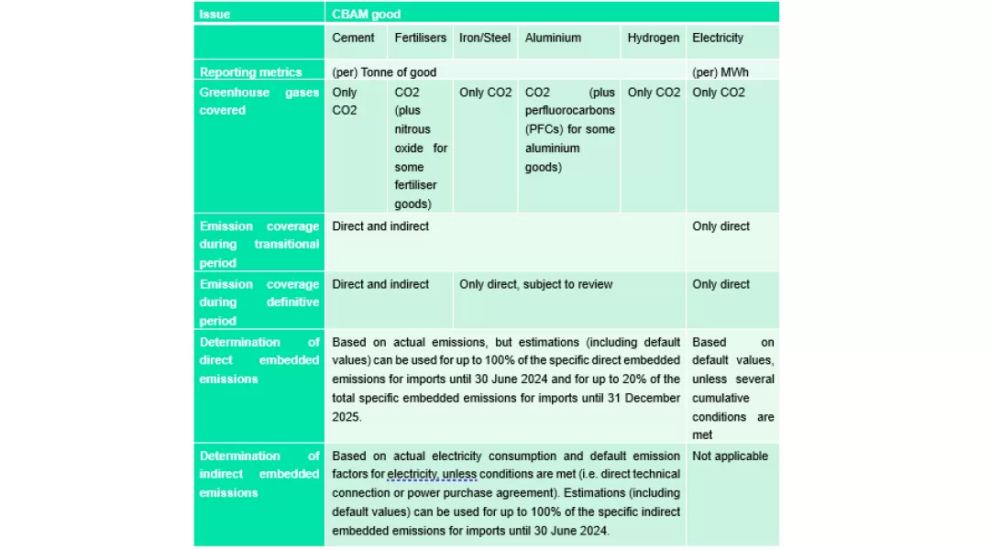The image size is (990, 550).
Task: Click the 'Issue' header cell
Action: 215,14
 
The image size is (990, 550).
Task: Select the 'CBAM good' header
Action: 366,14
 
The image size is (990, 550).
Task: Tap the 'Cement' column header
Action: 353,38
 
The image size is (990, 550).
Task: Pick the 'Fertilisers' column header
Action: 420,38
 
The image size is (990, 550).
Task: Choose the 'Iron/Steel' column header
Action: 485,38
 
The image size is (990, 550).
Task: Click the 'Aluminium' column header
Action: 553,38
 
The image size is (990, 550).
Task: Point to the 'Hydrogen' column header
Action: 654,38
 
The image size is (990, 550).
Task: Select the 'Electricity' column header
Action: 718,38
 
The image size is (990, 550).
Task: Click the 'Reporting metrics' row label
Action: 250,72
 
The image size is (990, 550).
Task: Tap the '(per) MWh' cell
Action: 719,72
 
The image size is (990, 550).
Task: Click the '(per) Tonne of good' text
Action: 384,72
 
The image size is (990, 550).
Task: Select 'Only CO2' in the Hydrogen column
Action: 654,93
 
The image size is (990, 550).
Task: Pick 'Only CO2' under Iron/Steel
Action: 485,93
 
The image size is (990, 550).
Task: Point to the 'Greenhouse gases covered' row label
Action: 258,101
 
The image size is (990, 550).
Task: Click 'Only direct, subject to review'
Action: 535,284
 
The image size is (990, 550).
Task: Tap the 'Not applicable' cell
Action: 730,456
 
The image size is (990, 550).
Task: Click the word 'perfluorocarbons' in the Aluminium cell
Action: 569,111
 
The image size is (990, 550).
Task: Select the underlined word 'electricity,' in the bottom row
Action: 418,474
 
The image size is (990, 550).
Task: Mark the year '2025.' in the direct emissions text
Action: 347,416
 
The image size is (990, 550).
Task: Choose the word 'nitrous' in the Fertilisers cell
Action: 412,129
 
